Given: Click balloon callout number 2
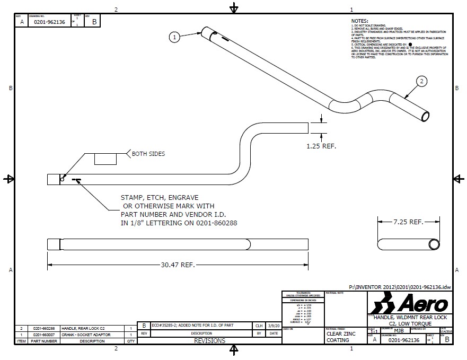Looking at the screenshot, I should pos(421,81).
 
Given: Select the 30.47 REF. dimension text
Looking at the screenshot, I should pos(178,264).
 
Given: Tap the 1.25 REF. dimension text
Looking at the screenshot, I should pos(321,145).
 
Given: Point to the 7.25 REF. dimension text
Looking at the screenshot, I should pos(409,222).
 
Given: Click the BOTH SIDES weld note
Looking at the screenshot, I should pos(148,154).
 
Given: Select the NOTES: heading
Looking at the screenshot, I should pos(359,21).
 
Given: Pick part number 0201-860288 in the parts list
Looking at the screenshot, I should pos(44,329).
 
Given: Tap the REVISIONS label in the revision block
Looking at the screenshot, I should pos(209,341).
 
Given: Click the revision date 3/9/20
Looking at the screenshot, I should pos(274,326).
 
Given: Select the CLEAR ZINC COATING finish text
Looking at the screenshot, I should pos(338,337).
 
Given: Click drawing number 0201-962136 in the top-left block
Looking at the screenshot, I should pos(49,22).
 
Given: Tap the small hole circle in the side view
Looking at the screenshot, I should pos(62,179).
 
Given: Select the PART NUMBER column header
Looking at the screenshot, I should pos(44,341).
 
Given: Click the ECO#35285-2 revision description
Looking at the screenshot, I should pos(192,326).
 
